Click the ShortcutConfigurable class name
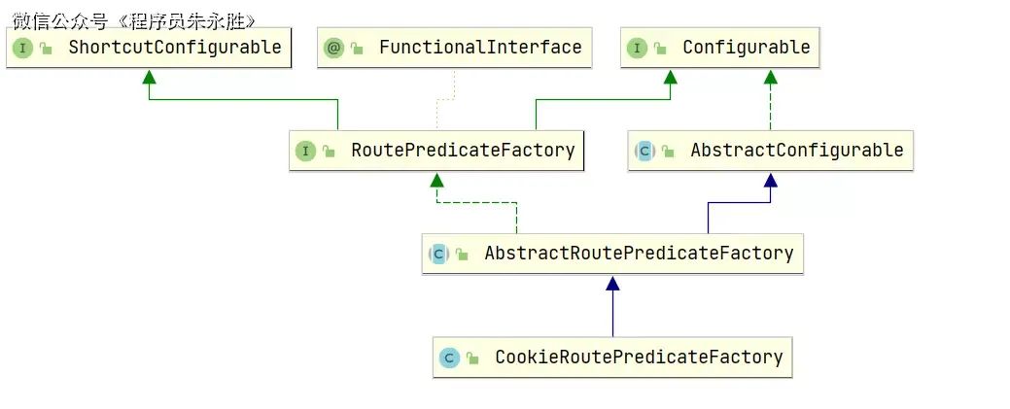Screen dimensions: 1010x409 (175, 47)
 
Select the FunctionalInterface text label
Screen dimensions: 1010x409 (480, 47)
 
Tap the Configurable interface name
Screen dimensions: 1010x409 (746, 47)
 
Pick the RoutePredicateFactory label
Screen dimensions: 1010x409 (463, 150)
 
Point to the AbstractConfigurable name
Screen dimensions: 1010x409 (797, 150)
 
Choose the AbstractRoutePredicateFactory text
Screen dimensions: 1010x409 (639, 254)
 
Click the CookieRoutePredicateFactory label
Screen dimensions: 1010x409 (639, 357)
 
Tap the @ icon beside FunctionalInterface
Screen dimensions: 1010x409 (333, 48)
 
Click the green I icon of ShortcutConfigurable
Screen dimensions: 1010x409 (22, 48)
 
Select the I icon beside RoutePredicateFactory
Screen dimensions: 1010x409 (306, 151)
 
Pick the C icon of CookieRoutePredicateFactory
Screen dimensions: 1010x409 (450, 358)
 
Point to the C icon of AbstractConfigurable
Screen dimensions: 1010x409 (644, 151)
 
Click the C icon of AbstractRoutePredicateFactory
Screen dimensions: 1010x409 (438, 254)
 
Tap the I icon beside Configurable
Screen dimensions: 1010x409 (637, 48)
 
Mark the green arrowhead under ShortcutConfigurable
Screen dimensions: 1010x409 (150, 77)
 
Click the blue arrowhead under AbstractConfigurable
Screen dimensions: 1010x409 (771, 180)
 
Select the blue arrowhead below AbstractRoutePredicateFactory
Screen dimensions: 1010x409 (612, 283)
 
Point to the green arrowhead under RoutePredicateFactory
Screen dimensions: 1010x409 (436, 180)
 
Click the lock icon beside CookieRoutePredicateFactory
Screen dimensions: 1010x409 (472, 358)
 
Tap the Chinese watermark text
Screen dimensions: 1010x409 (134, 21)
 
